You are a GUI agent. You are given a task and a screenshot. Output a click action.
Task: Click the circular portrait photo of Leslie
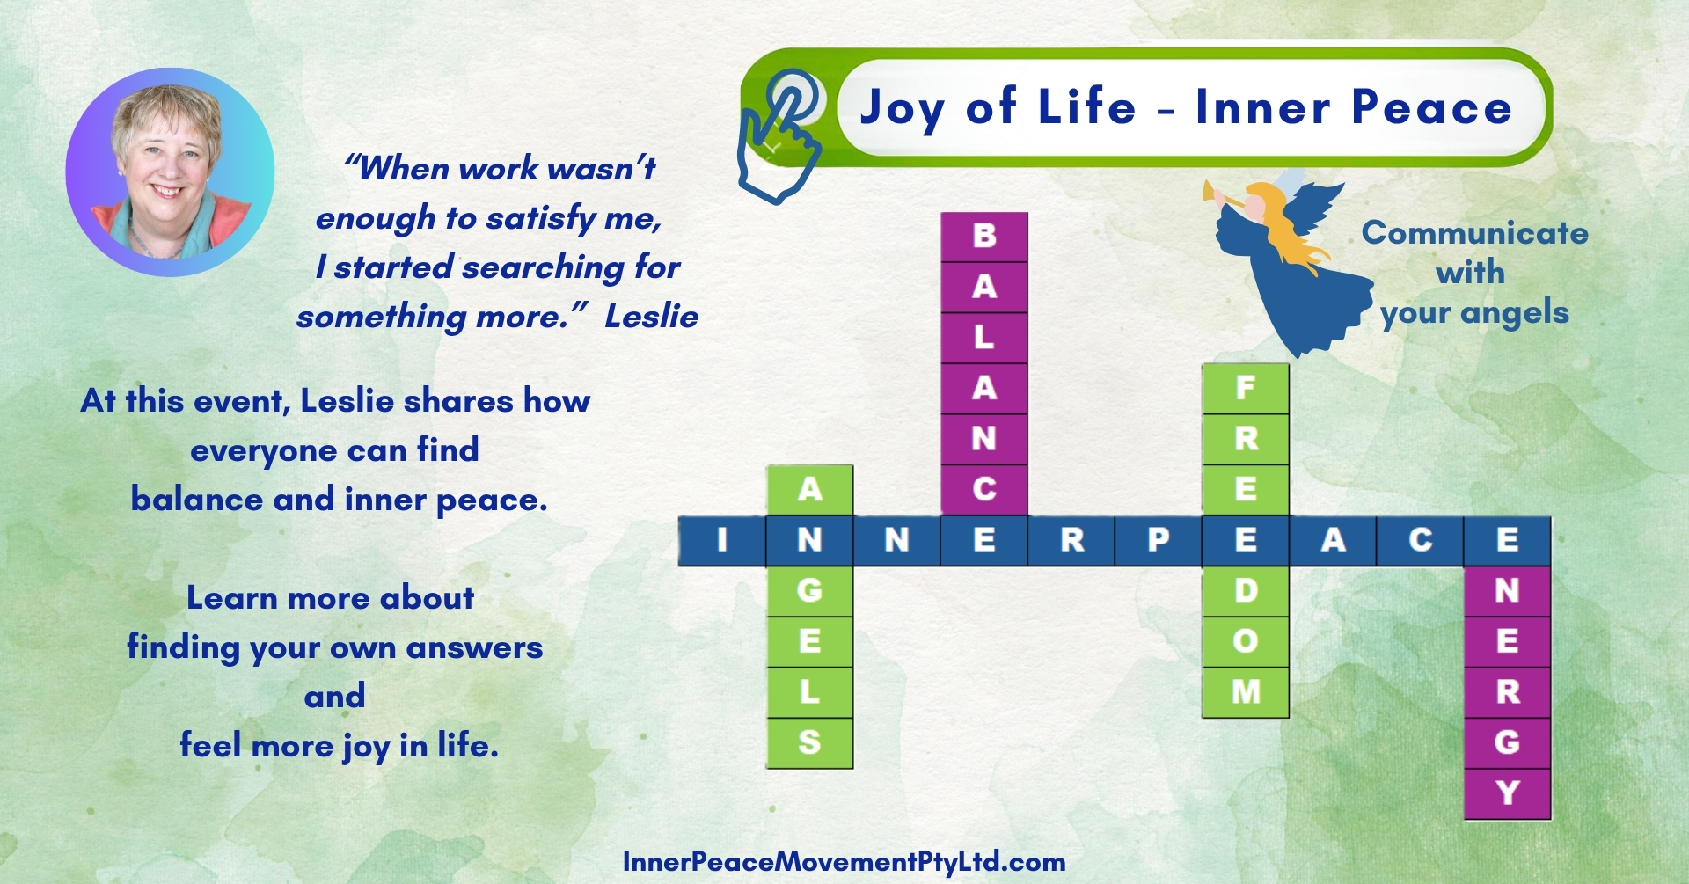pos(170,172)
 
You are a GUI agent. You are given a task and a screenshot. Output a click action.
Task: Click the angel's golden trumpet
pos(1228,195)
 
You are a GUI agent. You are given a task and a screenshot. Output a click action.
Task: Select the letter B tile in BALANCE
pos(984,237)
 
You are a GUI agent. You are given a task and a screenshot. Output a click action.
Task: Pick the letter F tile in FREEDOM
pos(1246,389)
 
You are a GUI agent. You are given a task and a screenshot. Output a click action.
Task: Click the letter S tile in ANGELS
pos(809,743)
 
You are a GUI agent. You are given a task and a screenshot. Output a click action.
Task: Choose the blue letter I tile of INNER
pos(722,540)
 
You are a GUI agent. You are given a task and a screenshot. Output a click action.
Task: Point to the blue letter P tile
pos(1159,540)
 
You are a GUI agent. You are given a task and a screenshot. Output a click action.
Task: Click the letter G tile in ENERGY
pos(1507,743)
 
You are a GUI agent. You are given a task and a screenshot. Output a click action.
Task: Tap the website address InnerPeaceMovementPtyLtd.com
pos(844,862)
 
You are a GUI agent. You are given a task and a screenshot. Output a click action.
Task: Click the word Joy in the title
pos(903,109)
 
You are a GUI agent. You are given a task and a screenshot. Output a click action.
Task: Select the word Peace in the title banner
pos(1431,107)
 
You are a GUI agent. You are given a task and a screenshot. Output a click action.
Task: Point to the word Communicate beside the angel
pos(1474,233)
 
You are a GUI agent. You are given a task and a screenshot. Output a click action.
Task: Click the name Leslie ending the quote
pos(651,317)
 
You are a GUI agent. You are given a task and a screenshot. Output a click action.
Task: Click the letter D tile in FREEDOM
pos(1246,591)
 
